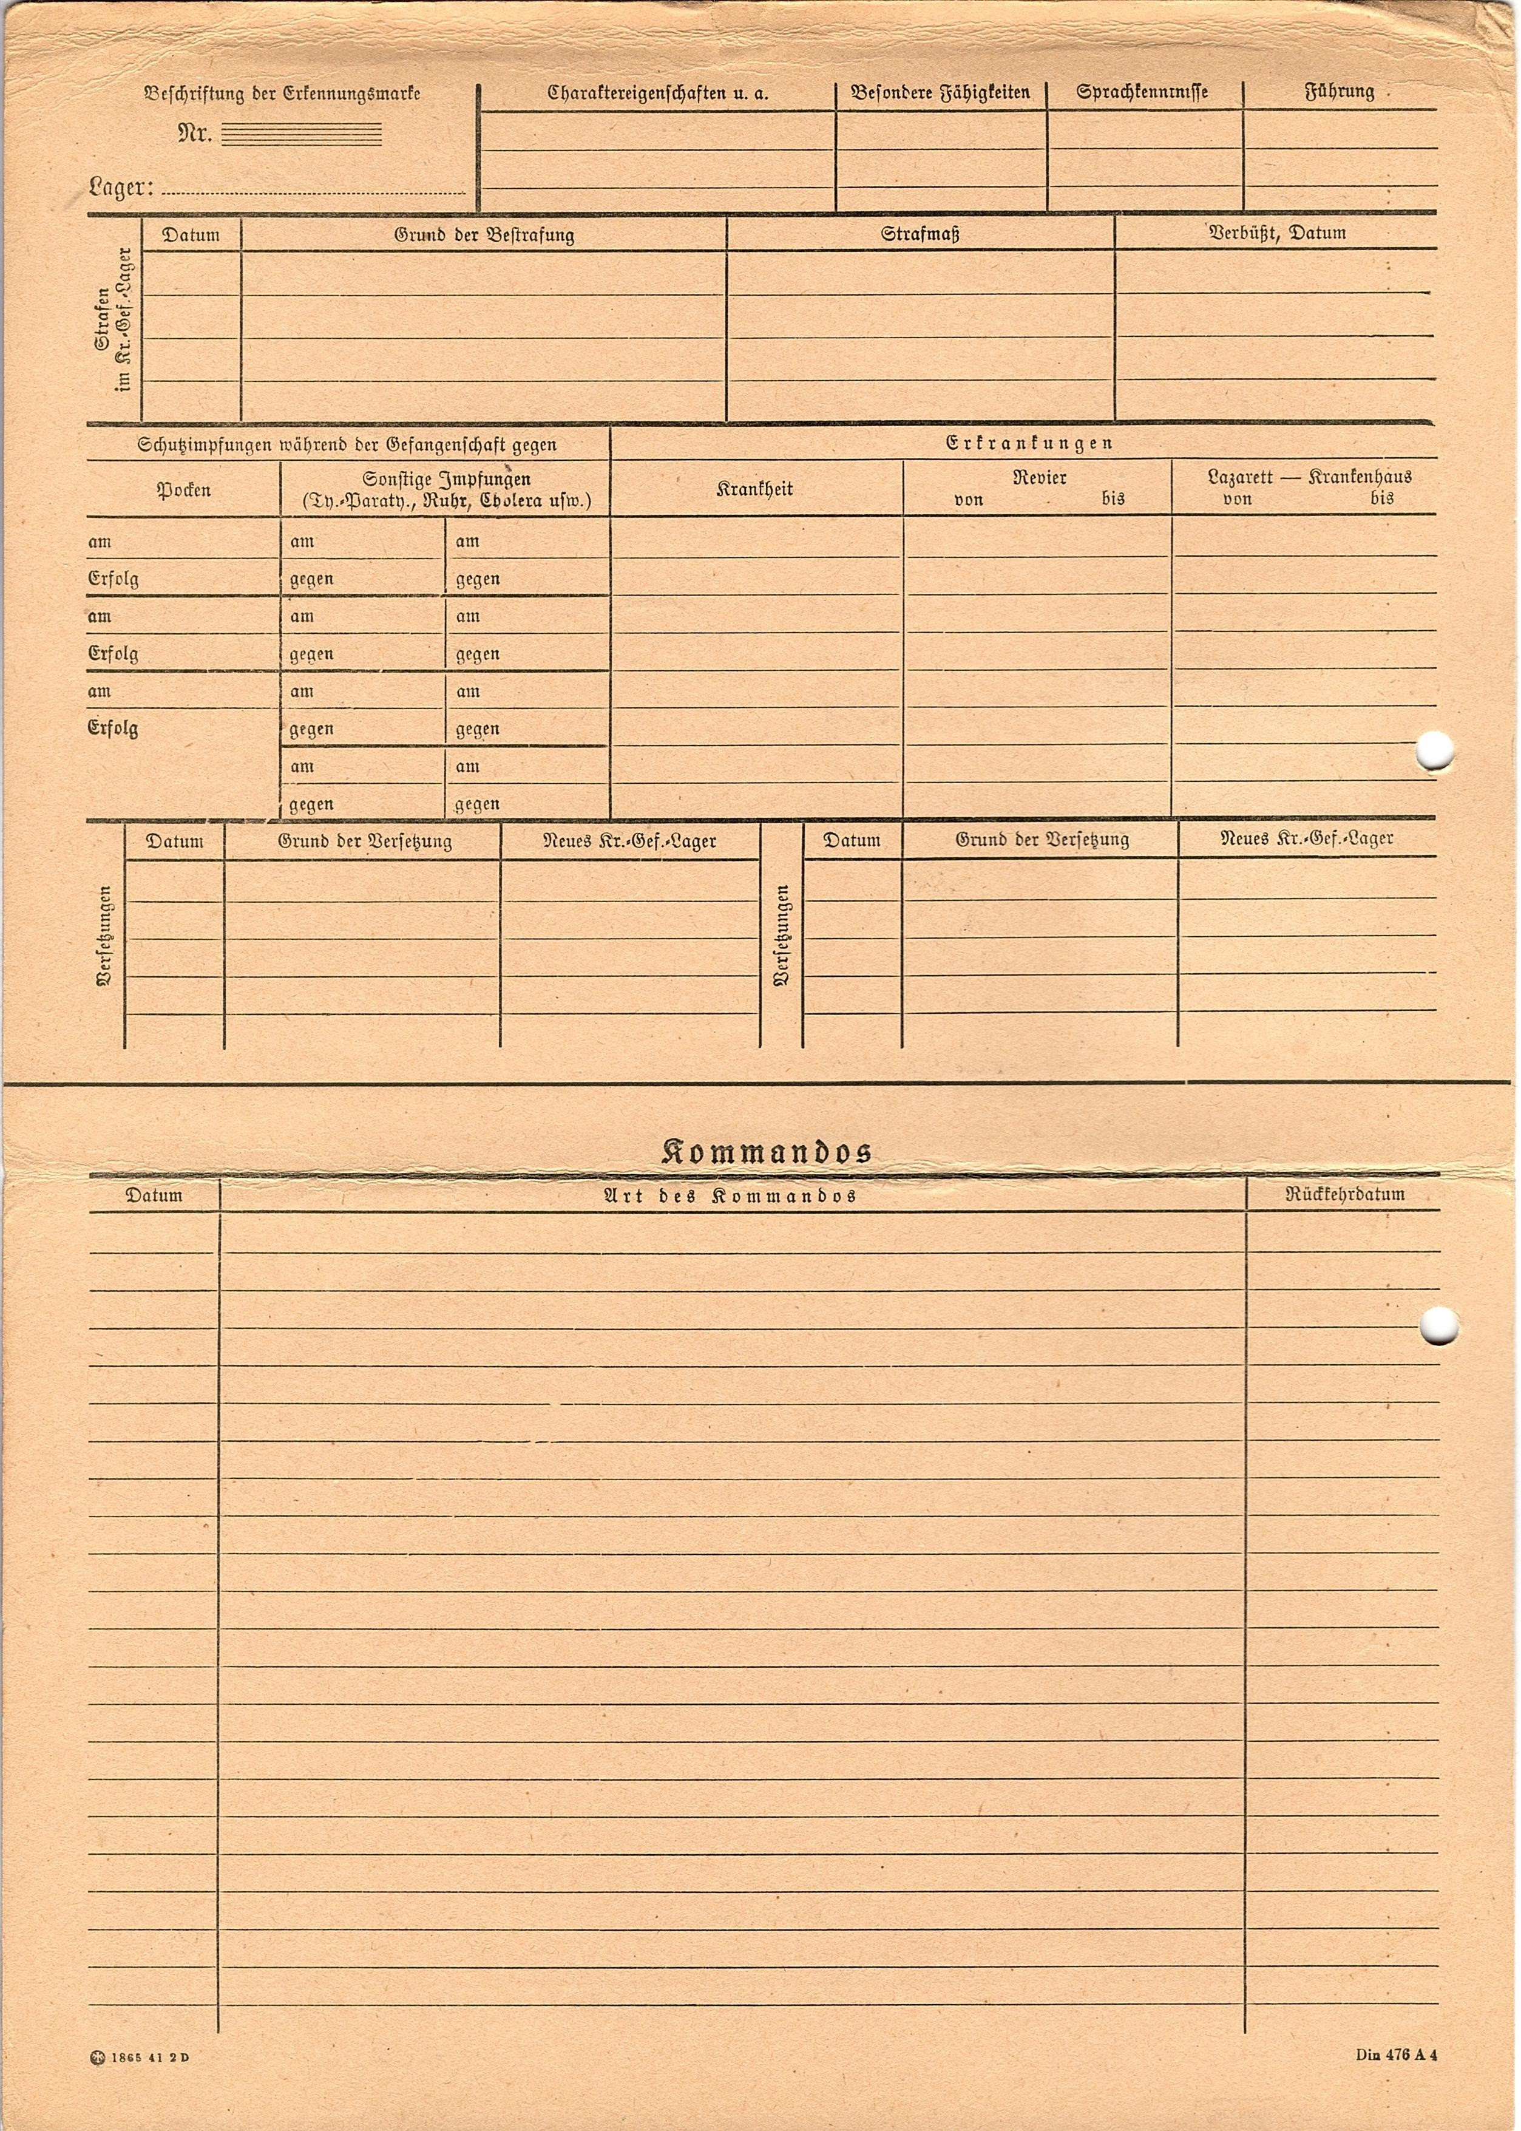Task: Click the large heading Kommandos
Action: click(x=766, y=1151)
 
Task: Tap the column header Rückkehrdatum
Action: click(x=1344, y=1194)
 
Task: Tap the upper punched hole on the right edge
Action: click(x=1433, y=751)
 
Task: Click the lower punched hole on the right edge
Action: click(x=1438, y=1324)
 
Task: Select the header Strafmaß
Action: click(x=920, y=234)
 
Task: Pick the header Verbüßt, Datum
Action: click(x=1276, y=233)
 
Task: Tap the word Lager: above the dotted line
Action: click(x=122, y=188)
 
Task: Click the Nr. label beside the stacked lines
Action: click(x=195, y=135)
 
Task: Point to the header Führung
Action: click(x=1340, y=92)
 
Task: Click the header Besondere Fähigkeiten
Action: click(x=940, y=93)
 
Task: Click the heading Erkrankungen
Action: click(x=1028, y=443)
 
